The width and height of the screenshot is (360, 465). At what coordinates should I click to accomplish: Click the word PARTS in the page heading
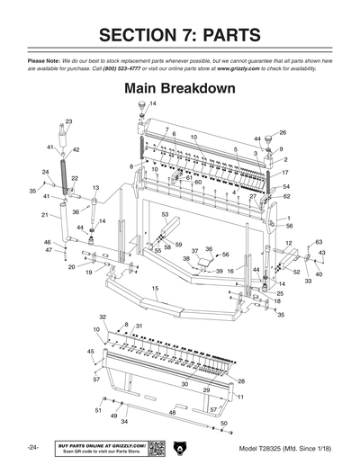pos(224,35)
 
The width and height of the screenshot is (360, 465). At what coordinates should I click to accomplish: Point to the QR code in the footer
pos(155,448)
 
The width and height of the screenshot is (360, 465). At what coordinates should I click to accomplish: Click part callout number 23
pos(68,121)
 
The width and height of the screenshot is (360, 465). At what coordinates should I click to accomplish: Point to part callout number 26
pos(282,132)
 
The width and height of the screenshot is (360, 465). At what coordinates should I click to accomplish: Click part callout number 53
pos(165,215)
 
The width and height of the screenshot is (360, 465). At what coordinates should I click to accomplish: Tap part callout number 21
pos(44,215)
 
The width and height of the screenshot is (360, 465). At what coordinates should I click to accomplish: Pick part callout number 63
pos(319,242)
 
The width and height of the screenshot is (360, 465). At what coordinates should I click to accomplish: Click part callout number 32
pos(103,317)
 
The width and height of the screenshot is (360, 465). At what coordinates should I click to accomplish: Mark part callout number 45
pos(90,351)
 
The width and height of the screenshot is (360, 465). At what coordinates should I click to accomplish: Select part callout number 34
pos(124,421)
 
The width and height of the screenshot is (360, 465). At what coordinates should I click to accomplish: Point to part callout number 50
pos(223,422)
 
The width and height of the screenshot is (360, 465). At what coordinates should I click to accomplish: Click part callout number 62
pos(286,195)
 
